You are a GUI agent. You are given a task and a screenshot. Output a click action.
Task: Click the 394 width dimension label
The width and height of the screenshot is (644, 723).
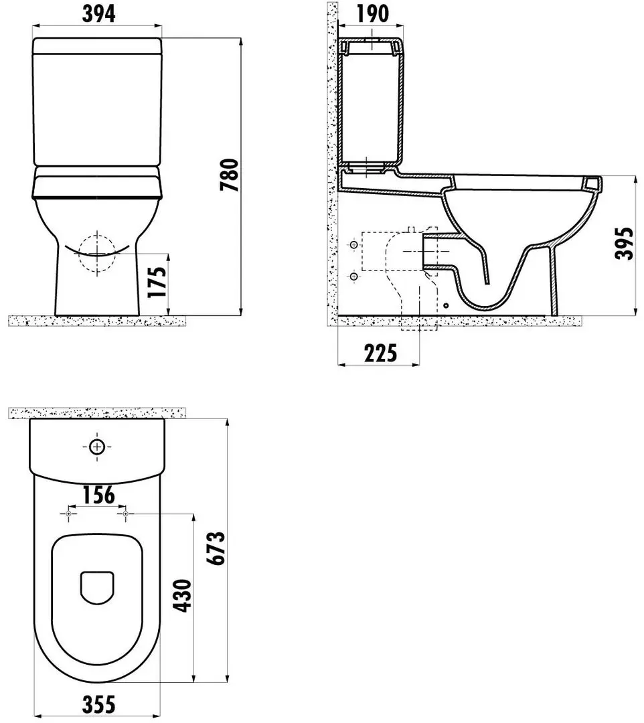(x=98, y=14)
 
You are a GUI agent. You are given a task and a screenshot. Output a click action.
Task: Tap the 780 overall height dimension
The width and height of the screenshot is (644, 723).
(x=229, y=175)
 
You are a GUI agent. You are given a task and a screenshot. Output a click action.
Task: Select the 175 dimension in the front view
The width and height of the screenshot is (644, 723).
(x=157, y=283)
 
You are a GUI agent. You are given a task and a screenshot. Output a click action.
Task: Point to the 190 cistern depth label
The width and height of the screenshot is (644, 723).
(x=372, y=14)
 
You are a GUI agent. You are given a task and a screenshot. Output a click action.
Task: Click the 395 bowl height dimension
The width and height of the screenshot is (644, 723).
(x=625, y=244)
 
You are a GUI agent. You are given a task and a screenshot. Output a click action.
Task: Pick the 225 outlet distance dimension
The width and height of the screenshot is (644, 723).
(x=380, y=353)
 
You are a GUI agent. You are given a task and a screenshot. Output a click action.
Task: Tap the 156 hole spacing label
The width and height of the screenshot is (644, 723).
(x=98, y=495)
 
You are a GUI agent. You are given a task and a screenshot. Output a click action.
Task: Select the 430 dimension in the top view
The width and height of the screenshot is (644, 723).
(x=181, y=596)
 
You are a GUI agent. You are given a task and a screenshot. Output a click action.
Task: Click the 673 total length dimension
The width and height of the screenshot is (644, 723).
(x=216, y=548)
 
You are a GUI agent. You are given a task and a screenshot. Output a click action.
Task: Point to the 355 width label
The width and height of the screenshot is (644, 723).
(x=98, y=704)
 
